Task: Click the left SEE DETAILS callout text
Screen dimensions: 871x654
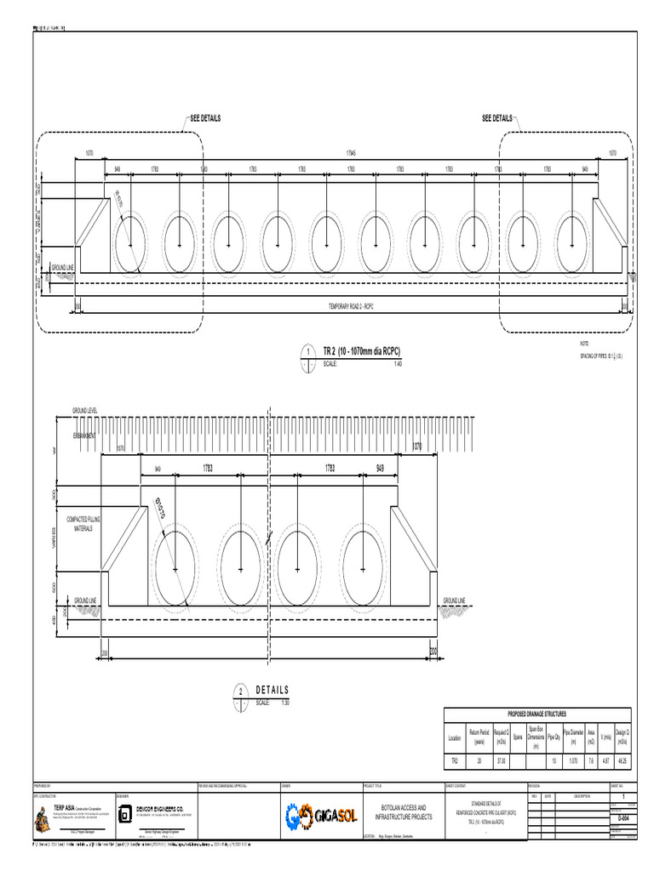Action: pos(204,118)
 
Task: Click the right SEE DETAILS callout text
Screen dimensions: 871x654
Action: pos(497,118)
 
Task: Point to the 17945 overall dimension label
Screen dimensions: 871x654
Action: pos(352,153)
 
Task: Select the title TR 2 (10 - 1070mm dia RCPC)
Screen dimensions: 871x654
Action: pos(361,351)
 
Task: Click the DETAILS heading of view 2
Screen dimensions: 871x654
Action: pos(272,690)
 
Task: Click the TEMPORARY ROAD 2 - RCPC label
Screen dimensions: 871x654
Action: pos(351,306)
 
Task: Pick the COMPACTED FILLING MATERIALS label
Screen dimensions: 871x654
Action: pos(83,522)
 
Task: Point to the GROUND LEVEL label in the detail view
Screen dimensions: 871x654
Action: pos(85,411)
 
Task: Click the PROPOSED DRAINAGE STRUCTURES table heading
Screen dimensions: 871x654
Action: pos(537,714)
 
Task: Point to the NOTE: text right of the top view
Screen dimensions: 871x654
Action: pos(584,342)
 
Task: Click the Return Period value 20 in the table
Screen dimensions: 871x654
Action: pos(479,760)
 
